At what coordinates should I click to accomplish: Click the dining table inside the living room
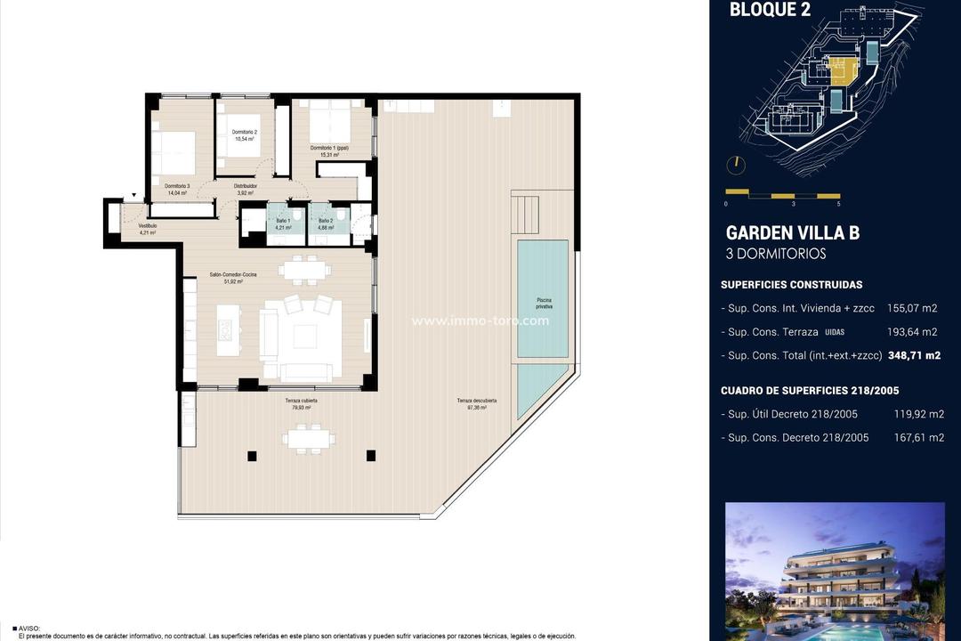point(303,268)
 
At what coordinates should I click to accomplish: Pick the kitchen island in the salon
point(227,325)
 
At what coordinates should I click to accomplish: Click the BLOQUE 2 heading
point(763,11)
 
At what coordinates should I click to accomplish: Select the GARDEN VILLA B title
point(792,233)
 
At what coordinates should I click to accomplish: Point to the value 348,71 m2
point(919,355)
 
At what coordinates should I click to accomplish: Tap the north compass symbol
point(736,165)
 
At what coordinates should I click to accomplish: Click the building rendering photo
point(835,571)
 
